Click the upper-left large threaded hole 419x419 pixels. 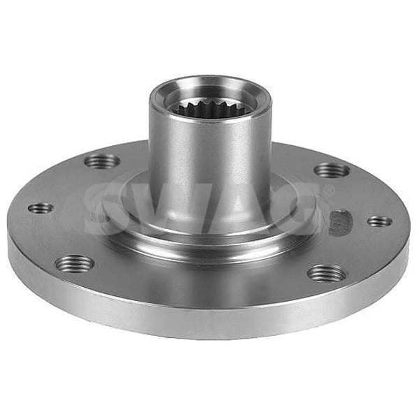[103, 162]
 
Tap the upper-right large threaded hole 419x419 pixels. [331, 170]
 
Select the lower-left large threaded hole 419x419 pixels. [75, 263]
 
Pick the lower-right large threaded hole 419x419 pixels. [327, 273]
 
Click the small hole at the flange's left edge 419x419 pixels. [41, 207]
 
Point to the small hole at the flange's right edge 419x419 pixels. [380, 221]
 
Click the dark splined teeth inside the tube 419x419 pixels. [212, 108]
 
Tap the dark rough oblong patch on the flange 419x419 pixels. [339, 223]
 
